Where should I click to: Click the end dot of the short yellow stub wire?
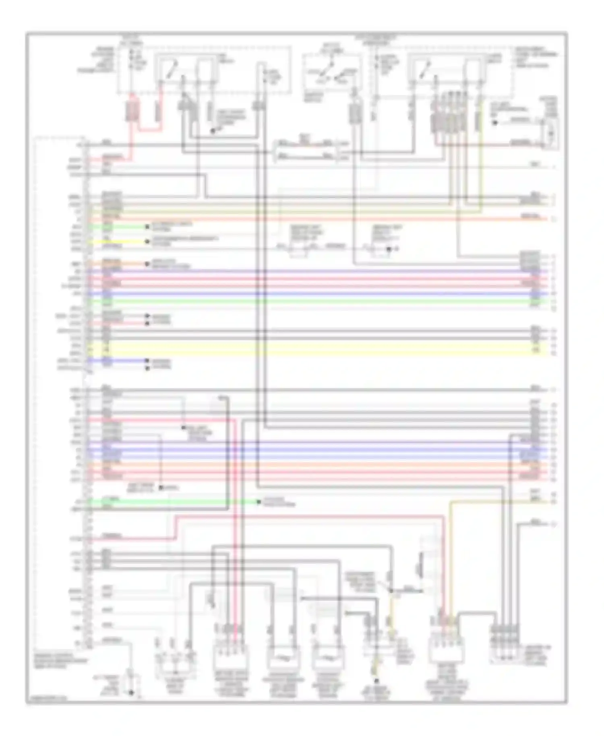[147, 242]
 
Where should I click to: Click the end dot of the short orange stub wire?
[147, 264]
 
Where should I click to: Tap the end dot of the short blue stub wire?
[147, 361]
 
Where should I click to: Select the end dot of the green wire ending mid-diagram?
[259, 502]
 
